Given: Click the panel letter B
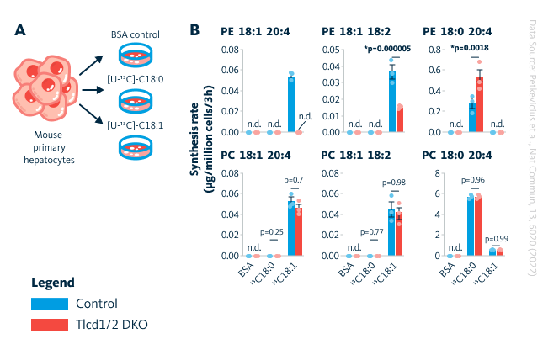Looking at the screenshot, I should click(x=194, y=29).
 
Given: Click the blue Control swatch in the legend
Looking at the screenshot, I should click(x=49, y=304).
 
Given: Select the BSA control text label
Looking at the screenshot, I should click(x=136, y=35).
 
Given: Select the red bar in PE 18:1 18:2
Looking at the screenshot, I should click(x=400, y=119).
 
